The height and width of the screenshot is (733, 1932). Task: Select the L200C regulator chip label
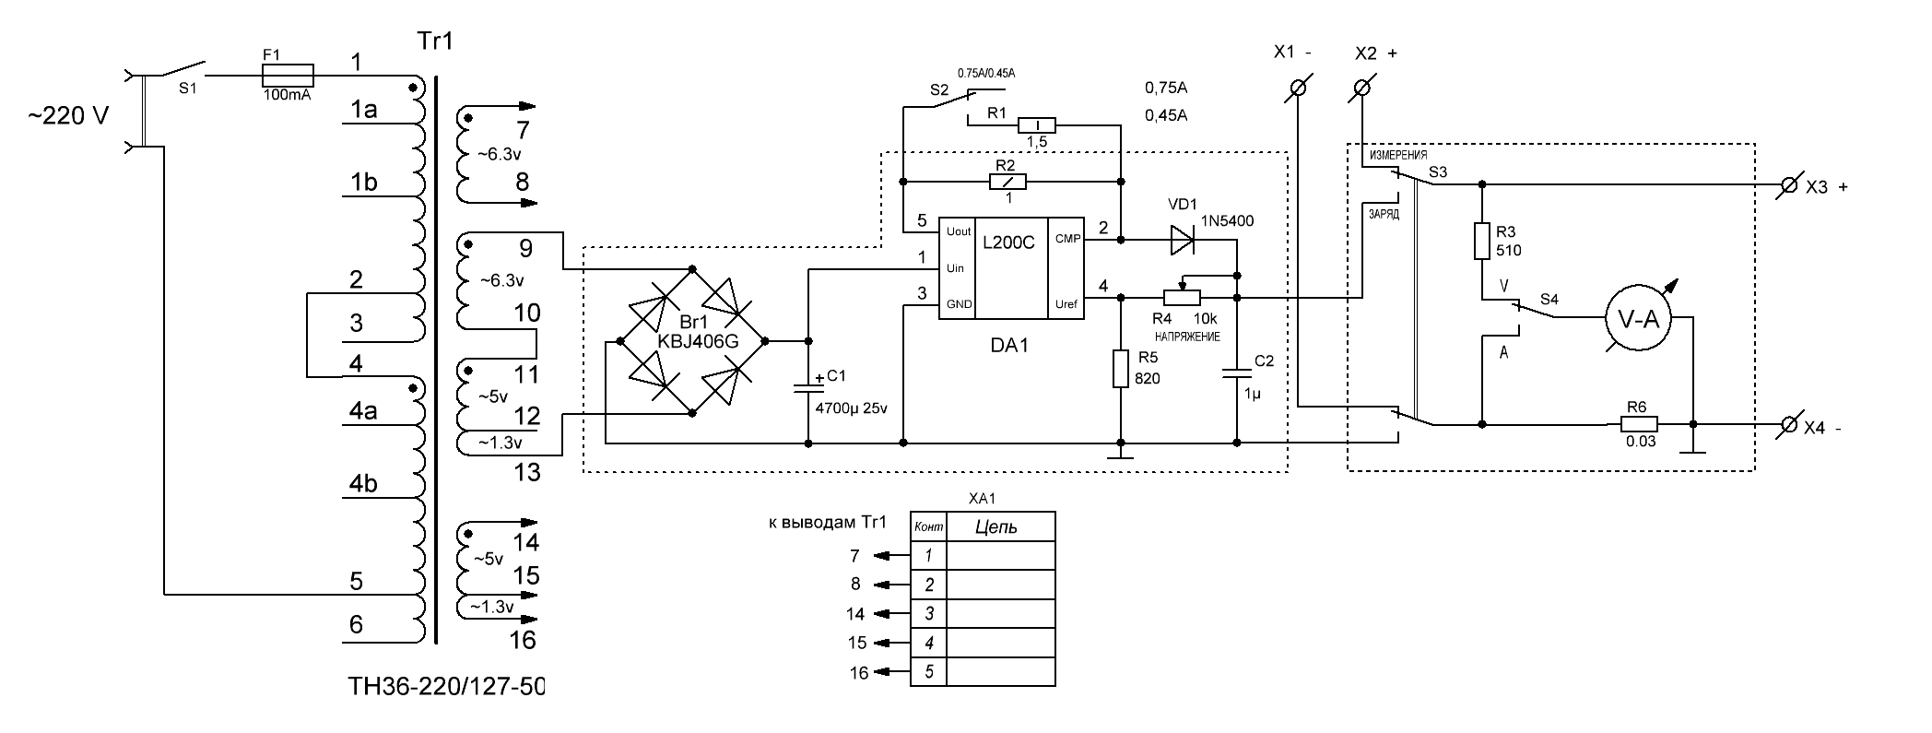click(x=1008, y=243)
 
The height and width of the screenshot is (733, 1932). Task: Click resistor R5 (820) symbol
click(x=1121, y=368)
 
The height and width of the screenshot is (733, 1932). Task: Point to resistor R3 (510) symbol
click(x=1482, y=241)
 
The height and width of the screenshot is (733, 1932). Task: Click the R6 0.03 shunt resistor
click(x=1640, y=424)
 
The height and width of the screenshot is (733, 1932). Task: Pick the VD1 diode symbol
click(x=1183, y=240)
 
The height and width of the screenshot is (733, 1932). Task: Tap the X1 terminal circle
click(x=1298, y=89)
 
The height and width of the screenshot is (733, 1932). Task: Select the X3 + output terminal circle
click(x=1787, y=185)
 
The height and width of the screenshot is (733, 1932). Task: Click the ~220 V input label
click(x=67, y=117)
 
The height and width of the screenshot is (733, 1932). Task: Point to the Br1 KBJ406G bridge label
click(x=697, y=332)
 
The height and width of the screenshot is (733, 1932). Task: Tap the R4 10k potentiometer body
click(x=1182, y=297)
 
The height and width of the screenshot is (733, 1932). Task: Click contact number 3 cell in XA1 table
click(x=929, y=613)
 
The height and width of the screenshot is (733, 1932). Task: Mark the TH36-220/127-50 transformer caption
click(x=446, y=688)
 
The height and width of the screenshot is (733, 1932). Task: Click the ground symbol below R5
click(x=1121, y=451)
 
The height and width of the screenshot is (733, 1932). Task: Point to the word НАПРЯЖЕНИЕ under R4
click(x=1187, y=337)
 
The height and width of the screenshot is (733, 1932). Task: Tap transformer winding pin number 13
click(x=527, y=473)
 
